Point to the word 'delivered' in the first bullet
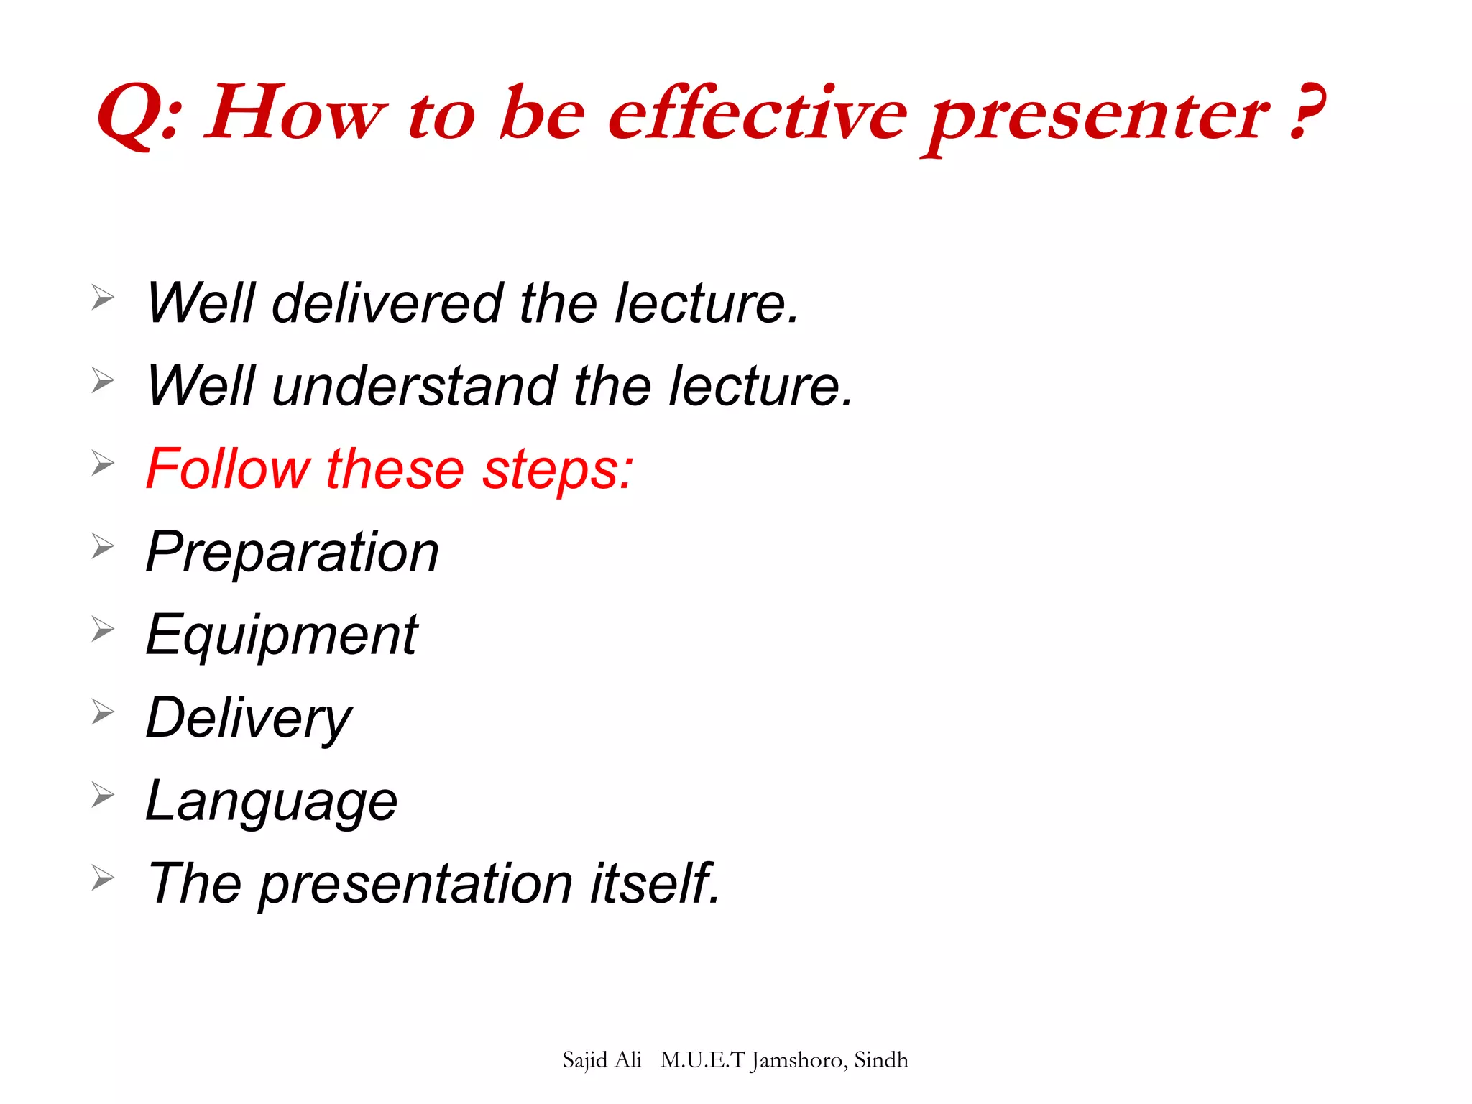coord(387,303)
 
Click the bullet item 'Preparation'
coord(292,553)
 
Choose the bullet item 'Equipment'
coord(281,636)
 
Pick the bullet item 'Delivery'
coord(248,719)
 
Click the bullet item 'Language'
coord(271,802)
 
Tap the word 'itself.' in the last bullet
coord(655,883)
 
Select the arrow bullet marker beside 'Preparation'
coord(103,547)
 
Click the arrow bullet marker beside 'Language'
coord(103,796)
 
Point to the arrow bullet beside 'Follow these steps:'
coord(103,464)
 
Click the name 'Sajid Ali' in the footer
coord(602,1060)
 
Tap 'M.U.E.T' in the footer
coord(702,1060)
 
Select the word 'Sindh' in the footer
coord(881,1060)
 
